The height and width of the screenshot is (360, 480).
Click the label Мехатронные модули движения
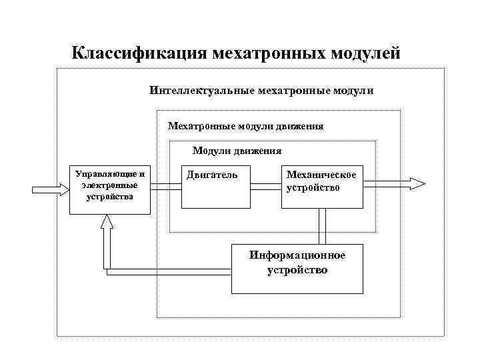(245, 125)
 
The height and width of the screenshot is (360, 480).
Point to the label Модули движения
(237, 151)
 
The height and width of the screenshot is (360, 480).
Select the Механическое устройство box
(322, 193)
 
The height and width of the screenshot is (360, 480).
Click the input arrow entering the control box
(51, 189)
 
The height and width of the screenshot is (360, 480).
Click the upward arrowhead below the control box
(106, 227)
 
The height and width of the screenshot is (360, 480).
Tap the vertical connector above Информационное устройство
(323, 226)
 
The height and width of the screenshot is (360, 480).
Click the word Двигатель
(212, 175)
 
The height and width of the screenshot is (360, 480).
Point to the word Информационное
(297, 256)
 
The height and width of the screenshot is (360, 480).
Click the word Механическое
(321, 175)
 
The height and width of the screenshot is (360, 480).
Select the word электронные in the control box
(109, 185)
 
